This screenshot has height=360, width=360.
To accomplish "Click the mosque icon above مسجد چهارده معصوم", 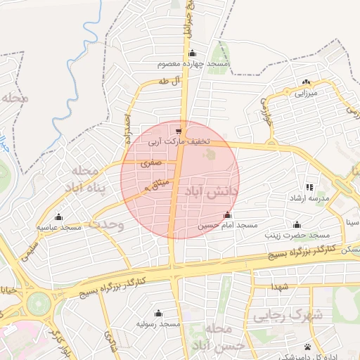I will click(193, 53).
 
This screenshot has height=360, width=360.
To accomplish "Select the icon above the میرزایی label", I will click(306, 82).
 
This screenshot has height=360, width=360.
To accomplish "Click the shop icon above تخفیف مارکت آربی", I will click(179, 130).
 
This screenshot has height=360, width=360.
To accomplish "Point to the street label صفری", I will click(152, 162).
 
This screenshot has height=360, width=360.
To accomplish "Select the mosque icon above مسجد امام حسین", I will click(226, 215).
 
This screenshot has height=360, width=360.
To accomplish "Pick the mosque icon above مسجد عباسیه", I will click(58, 217).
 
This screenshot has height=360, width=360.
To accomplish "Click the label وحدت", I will click(105, 225).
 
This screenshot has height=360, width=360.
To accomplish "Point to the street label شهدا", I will click(281, 287).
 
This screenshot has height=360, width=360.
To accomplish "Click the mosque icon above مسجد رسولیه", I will click(157, 313).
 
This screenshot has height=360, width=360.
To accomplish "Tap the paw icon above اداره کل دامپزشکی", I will click(308, 347).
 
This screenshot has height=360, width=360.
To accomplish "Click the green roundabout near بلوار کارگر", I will click(38, 304).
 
